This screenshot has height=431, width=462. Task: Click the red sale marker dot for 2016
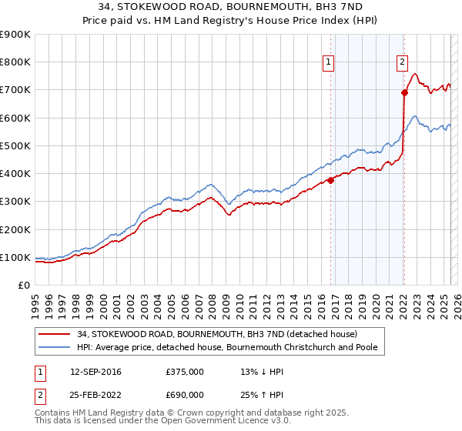click(x=330, y=181)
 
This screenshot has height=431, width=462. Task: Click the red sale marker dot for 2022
click(x=404, y=92)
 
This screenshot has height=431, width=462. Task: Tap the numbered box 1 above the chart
click(x=329, y=63)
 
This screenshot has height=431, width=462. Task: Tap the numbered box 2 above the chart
click(x=402, y=63)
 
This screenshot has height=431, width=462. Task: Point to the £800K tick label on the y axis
click(x=15, y=62)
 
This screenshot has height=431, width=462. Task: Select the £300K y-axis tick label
click(x=15, y=202)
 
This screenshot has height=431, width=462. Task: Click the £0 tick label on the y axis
click(x=24, y=286)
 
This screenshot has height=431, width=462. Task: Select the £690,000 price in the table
click(x=185, y=395)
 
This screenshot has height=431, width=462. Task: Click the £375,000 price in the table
click(x=185, y=372)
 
